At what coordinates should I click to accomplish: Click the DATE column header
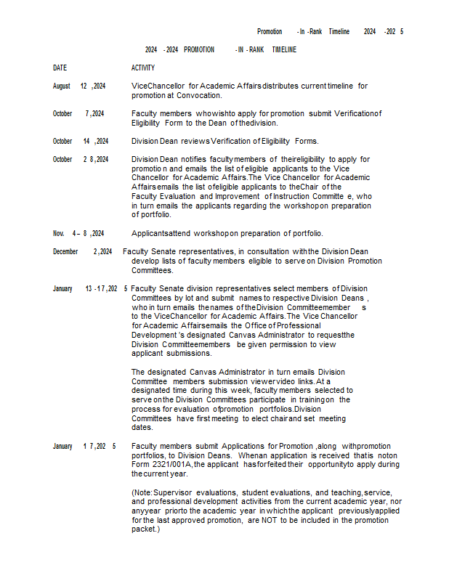click(60, 68)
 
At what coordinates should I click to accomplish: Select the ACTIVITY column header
click(143, 68)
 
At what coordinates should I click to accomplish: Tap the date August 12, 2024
click(79, 86)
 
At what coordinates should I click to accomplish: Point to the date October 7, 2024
click(78, 113)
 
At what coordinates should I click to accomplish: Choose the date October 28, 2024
click(81, 159)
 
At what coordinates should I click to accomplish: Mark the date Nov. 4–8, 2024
click(78, 233)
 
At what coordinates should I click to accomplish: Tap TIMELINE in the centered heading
click(284, 49)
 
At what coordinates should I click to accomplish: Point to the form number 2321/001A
click(167, 464)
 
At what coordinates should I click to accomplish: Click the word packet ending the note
click(143, 529)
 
